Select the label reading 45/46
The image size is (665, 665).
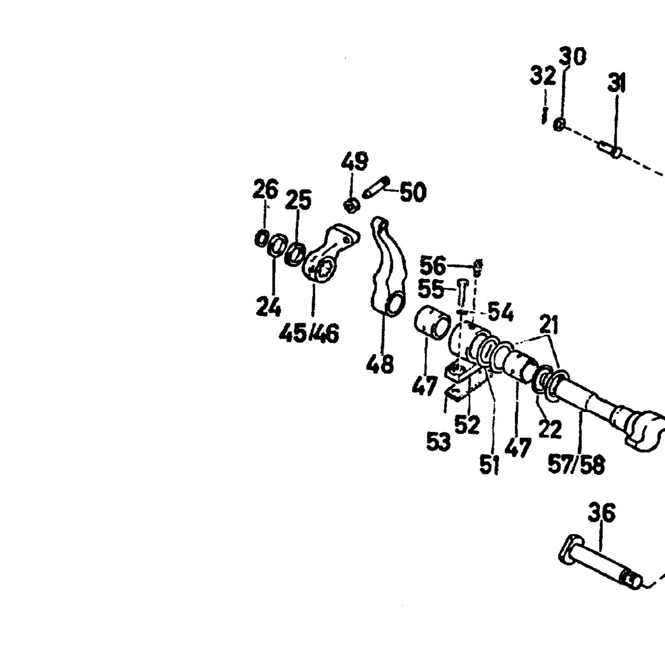coord(309,334)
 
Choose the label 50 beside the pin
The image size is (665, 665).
coord(413,192)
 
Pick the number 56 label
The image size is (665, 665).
coord(433,266)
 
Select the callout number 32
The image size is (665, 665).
coord(543,75)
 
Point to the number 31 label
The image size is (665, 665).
coord(617,83)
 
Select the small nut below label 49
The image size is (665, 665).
coord(351,206)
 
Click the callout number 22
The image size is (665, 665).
coord(550,429)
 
